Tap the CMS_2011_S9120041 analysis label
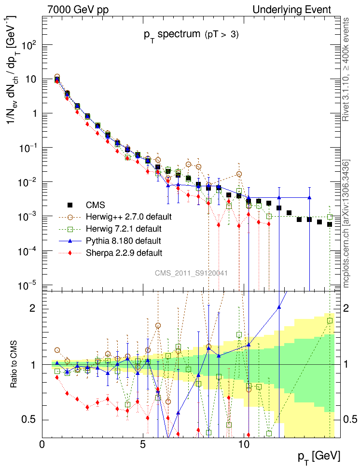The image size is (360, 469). coord(191,273)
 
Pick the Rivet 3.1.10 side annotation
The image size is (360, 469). coord(346,70)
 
